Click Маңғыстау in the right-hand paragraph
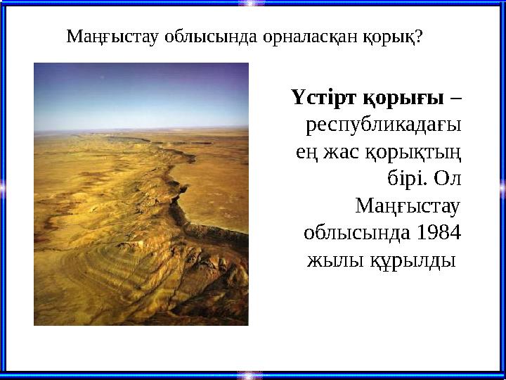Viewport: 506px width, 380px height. [408, 208]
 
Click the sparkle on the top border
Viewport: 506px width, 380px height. [252, 4]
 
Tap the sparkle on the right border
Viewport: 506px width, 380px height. [502, 186]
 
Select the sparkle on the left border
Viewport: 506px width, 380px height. [4, 186]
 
